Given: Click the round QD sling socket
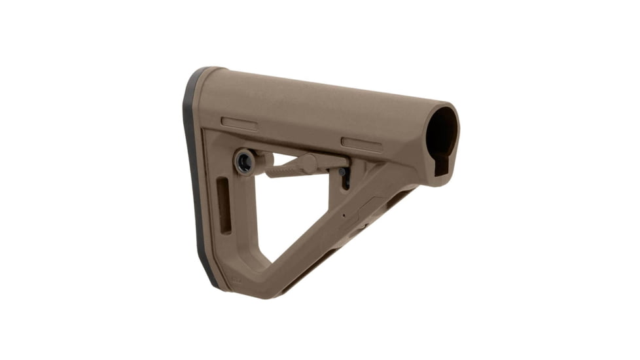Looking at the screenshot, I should coord(244,162).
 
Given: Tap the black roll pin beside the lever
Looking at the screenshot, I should coord(341,171).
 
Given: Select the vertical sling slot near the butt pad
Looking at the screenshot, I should coord(224,206).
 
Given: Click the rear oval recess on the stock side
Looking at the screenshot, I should coord(239,123).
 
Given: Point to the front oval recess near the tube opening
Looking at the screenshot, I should coord(361,144).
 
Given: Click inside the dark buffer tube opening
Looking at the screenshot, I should coord(442,134).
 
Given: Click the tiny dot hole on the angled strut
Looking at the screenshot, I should coord(344,214).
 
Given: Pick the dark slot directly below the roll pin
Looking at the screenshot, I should coord(346,181).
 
